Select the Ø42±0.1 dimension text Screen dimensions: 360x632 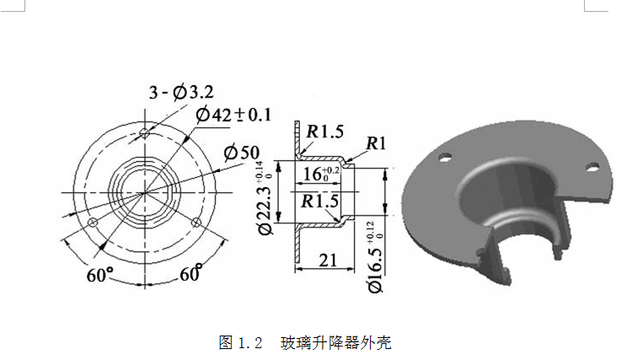[x=233, y=115]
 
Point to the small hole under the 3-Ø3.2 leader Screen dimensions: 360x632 [x=146, y=132]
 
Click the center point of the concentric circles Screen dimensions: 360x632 [x=145, y=192]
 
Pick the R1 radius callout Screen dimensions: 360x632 [x=376, y=144]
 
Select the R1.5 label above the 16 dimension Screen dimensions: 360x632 [x=324, y=132]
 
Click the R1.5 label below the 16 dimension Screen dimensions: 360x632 [x=321, y=201]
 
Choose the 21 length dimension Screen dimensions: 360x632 [x=326, y=262]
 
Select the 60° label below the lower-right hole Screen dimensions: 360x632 [x=191, y=274]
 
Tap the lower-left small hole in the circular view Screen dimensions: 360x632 [x=94, y=222]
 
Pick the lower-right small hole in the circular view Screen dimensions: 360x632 [x=196, y=222]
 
